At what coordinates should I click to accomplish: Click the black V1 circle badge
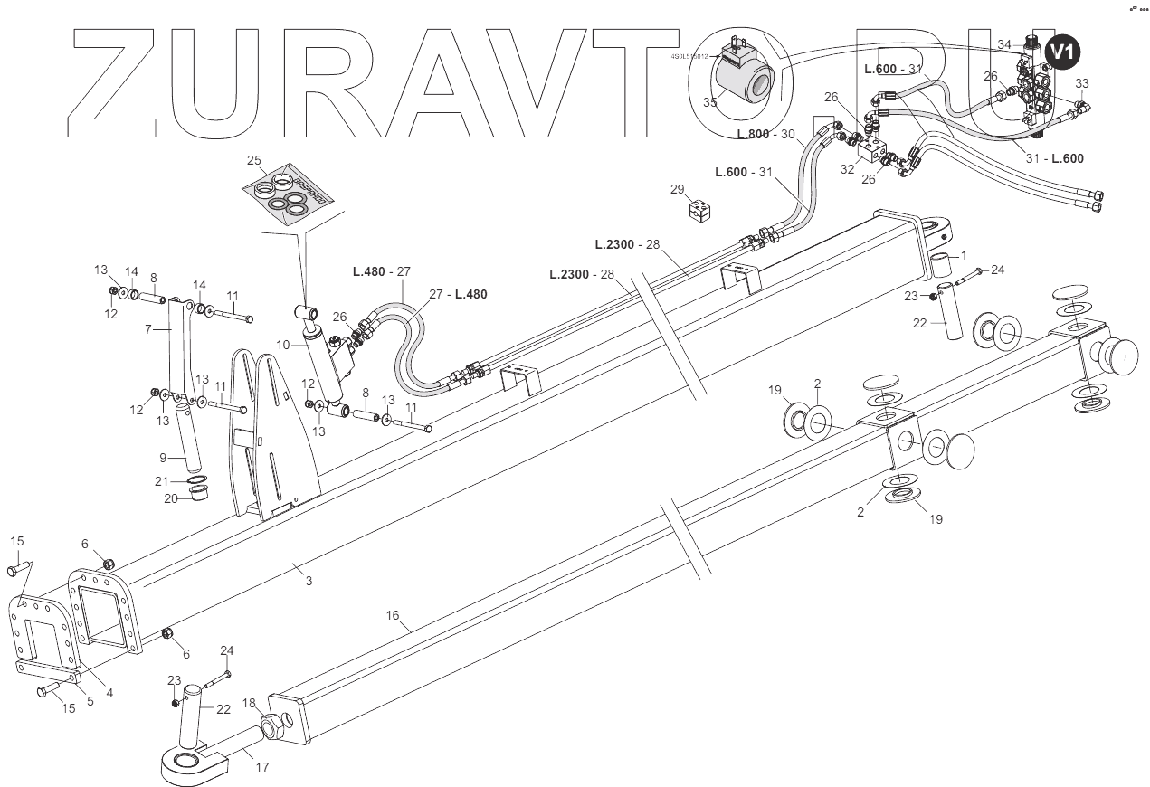(1062, 52)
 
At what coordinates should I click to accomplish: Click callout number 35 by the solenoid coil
(710, 102)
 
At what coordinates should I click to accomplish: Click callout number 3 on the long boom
(309, 581)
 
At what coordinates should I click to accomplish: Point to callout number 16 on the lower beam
(393, 615)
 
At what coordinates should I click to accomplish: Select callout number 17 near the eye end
(262, 768)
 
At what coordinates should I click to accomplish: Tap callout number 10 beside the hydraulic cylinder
(283, 345)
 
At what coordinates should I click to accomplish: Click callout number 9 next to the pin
(163, 458)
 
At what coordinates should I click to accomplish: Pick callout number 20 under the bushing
(171, 498)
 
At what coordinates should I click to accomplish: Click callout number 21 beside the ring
(162, 480)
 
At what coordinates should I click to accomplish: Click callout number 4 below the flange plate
(109, 694)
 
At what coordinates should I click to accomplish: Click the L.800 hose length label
(753, 135)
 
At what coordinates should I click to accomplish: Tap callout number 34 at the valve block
(1004, 44)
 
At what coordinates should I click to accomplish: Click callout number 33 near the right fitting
(1082, 83)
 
